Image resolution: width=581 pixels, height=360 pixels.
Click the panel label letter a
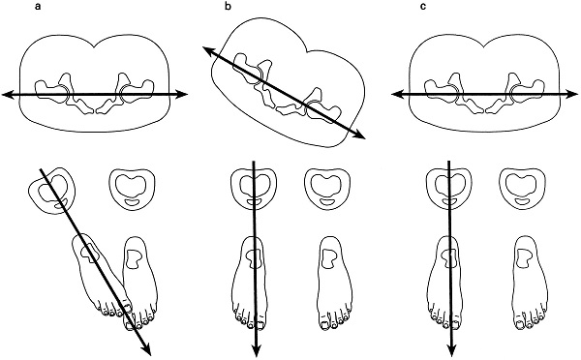point(38,7)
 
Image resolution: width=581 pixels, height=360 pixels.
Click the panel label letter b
point(228,7)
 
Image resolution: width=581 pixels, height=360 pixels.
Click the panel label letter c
point(423,7)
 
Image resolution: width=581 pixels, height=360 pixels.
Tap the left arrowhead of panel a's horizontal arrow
point(7,95)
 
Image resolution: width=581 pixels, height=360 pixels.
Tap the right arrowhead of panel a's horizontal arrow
point(183,94)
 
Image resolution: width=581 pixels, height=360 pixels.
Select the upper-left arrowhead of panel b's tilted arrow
point(207,51)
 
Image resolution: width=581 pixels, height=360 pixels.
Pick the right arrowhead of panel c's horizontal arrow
point(572,95)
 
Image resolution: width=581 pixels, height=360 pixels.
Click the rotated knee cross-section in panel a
point(52,191)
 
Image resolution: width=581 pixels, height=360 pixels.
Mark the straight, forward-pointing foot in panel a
point(140,283)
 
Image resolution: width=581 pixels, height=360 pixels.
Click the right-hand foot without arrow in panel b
point(335,283)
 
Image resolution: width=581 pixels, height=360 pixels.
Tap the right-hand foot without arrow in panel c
point(531,283)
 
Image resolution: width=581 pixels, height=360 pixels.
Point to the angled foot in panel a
point(102,275)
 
